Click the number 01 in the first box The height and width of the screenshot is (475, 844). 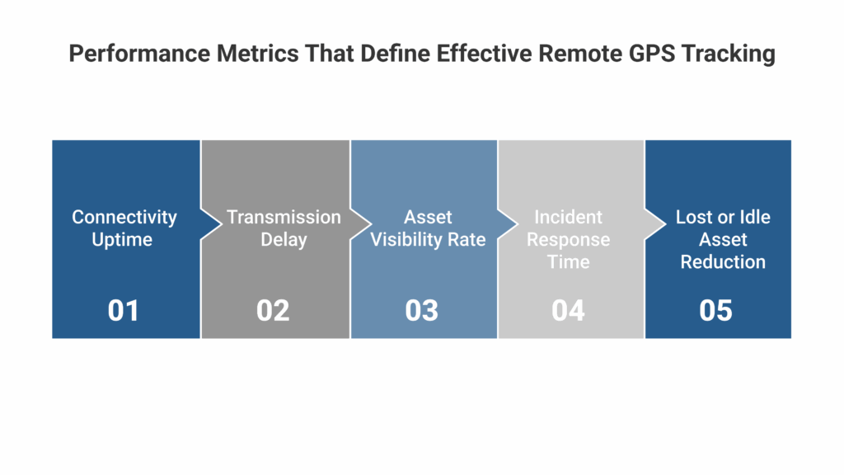coord(124,310)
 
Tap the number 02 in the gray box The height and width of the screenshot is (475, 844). coord(273,310)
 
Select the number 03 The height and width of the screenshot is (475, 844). coord(421,310)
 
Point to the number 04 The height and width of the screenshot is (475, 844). coord(568,310)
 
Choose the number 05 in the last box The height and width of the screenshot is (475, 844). coord(715,310)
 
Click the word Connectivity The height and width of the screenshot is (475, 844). coord(124,217)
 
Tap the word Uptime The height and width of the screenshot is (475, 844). coord(124,240)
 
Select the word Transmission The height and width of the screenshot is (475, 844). coord(284,217)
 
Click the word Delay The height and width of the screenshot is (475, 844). coord(284,240)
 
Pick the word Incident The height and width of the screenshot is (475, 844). coord(569,217)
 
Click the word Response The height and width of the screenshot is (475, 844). coord(569,240)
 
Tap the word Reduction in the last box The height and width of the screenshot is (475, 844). coord(723,262)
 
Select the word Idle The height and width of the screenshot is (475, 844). coord(753,217)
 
